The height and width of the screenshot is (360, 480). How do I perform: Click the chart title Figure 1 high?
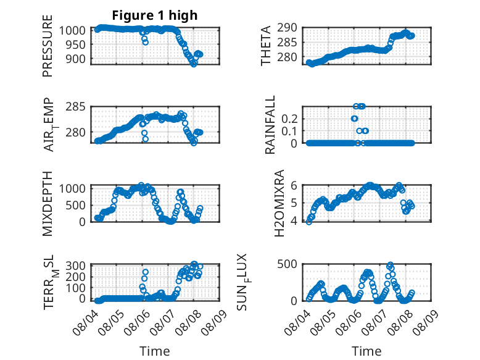[x=155, y=15]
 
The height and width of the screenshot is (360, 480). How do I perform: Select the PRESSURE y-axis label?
[x=48, y=46]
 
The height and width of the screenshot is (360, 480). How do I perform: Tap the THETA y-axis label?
[x=266, y=46]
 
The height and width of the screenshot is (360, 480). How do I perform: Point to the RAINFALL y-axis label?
[x=270, y=125]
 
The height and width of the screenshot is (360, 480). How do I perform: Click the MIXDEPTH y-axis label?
[x=48, y=203]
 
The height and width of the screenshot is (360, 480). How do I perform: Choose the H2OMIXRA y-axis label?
[x=279, y=203]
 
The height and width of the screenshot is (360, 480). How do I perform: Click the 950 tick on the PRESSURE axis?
[x=76, y=44]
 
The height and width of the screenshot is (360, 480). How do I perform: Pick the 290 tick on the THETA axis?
[x=287, y=28]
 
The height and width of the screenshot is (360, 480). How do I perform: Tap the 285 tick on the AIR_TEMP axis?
[x=76, y=107]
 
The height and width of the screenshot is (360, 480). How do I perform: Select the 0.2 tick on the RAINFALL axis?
[x=289, y=119]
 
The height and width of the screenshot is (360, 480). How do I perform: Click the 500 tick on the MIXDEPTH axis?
[x=76, y=205]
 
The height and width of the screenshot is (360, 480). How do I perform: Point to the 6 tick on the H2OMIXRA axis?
[x=294, y=185]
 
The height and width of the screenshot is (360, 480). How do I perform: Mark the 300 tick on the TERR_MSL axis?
[x=76, y=266]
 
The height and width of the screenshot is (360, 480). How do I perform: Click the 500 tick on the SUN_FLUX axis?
[x=287, y=264]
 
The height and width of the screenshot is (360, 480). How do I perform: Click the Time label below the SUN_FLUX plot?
[x=366, y=351]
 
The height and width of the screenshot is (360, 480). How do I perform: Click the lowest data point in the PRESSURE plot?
[x=194, y=64]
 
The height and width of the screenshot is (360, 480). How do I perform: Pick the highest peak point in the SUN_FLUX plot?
[x=390, y=264]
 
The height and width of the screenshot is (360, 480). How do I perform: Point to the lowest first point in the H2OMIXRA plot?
[x=309, y=222]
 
